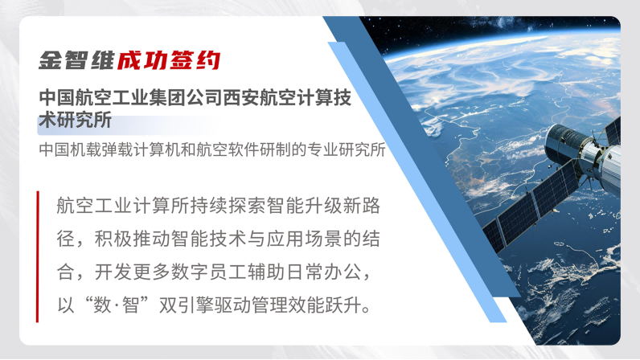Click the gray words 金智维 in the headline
point(76,60)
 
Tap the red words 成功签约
point(169,60)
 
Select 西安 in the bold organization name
point(241,97)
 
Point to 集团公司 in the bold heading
point(185,97)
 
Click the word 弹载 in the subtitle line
point(110,149)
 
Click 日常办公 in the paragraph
point(324,272)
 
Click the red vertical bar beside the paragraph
point(38,256)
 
